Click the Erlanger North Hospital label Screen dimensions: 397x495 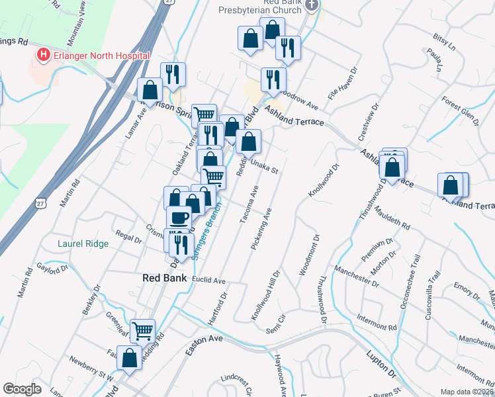(x=102, y=54)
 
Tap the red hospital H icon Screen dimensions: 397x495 (x=44, y=54)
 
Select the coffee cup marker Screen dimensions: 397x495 (x=179, y=217)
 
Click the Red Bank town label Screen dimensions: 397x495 (x=164, y=278)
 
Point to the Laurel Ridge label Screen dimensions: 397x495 (x=83, y=243)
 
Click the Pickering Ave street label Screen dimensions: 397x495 (x=261, y=229)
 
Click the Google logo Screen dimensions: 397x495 (x=22, y=390)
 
